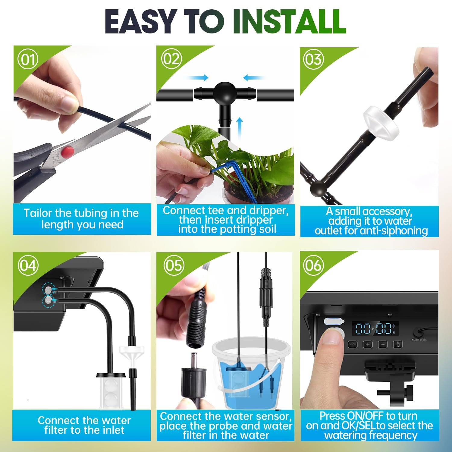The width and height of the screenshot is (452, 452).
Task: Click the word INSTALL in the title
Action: pyautogui.click(x=289, y=21)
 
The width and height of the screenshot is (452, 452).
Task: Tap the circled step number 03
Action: pyautogui.click(x=313, y=59)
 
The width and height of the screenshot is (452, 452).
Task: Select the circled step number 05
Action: pyautogui.click(x=174, y=265)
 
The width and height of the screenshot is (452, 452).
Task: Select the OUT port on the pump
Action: pyautogui.click(x=48, y=290)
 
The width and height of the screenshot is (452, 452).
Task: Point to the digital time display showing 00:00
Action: pyautogui.click(x=375, y=328)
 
